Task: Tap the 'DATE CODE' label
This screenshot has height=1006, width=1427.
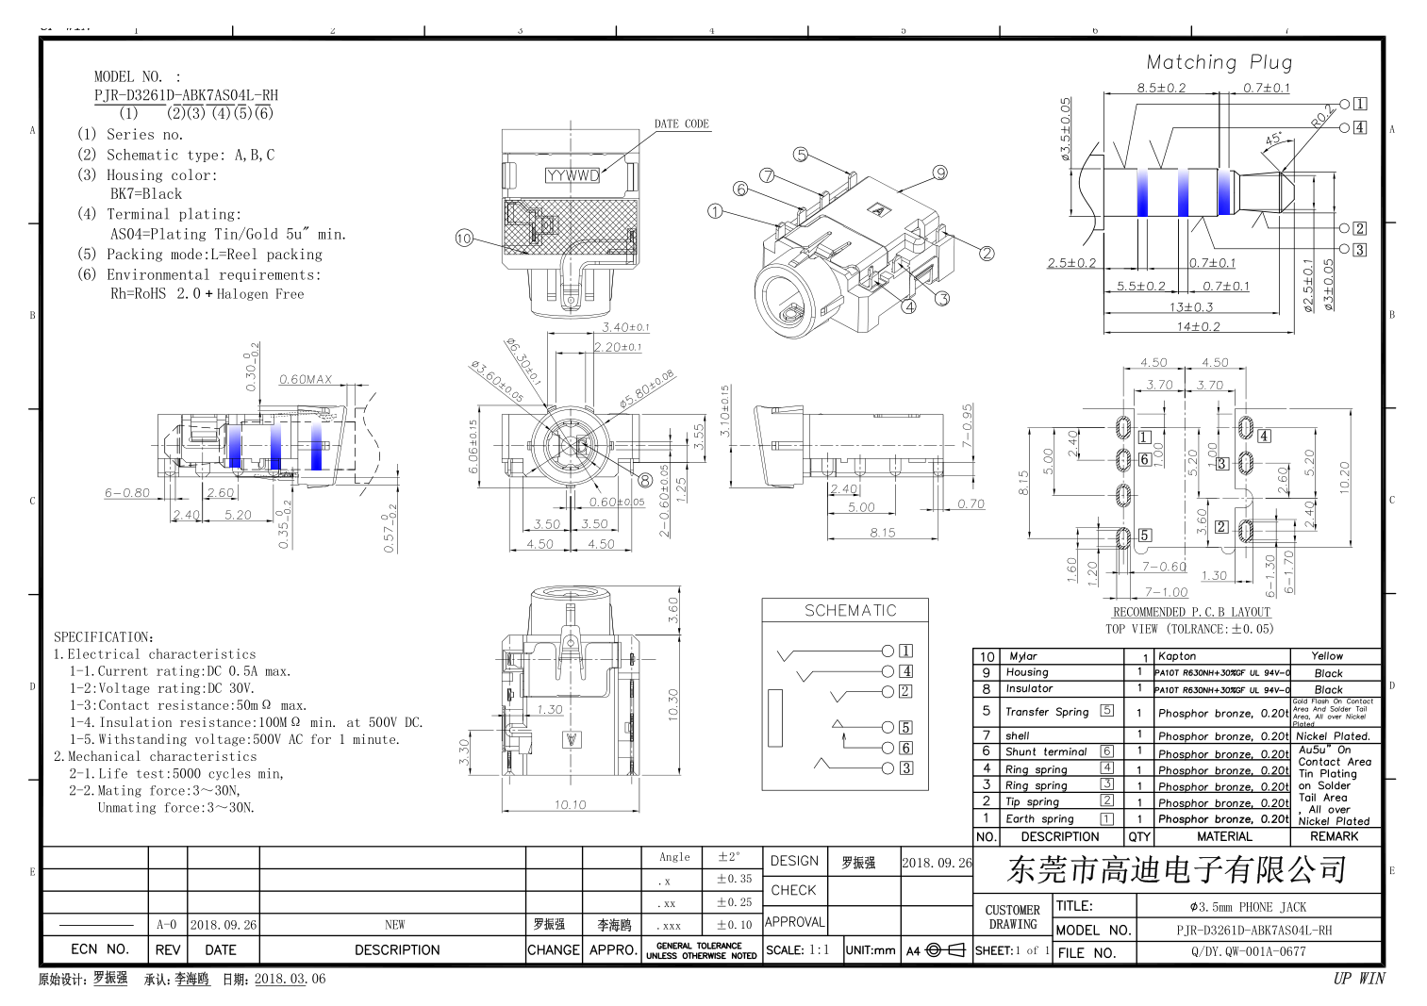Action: click(x=681, y=124)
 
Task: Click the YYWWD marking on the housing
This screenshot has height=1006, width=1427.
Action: click(x=572, y=175)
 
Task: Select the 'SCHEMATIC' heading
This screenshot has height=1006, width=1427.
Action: click(x=850, y=610)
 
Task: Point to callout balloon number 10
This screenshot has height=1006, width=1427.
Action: click(x=464, y=238)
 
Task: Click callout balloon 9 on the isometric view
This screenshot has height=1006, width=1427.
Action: click(x=939, y=173)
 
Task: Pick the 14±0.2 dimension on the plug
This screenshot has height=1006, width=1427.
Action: click(x=1198, y=326)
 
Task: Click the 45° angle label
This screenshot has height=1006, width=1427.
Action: click(x=1273, y=139)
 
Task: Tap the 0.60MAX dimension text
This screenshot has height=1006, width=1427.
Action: click(x=306, y=379)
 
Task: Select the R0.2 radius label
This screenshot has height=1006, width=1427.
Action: click(x=1322, y=115)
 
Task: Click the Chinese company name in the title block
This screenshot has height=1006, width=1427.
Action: click(x=1176, y=869)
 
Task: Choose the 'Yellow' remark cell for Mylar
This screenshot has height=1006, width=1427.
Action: click(x=1326, y=655)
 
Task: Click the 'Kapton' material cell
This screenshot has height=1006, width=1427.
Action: click(x=1177, y=655)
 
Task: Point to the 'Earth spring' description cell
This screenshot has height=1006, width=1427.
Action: click(x=1039, y=818)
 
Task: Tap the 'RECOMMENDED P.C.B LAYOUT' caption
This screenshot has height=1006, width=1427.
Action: click(x=1191, y=612)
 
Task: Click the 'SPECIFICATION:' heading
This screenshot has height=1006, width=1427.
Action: click(x=104, y=636)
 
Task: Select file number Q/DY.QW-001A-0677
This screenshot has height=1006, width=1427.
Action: click(x=1248, y=951)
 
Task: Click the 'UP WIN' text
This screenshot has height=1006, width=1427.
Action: click(x=1358, y=978)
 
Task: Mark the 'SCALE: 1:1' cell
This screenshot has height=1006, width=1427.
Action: click(x=798, y=949)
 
